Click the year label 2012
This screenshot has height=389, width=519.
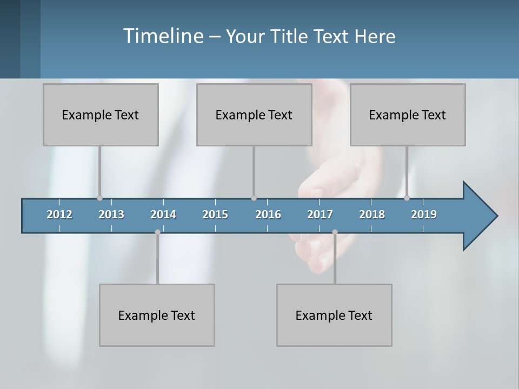click(59, 214)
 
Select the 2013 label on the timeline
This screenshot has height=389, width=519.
click(111, 214)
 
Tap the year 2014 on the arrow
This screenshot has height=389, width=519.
click(163, 214)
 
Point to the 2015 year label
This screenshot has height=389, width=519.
click(215, 214)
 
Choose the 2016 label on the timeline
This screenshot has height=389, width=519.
click(268, 214)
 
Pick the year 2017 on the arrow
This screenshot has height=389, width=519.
click(320, 214)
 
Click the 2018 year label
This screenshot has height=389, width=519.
click(372, 214)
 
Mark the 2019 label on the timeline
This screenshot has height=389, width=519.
click(424, 214)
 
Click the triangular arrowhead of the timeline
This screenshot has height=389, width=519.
click(478, 216)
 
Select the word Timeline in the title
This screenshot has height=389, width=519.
click(162, 36)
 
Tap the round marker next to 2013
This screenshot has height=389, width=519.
click(99, 198)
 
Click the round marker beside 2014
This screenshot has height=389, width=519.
click(157, 232)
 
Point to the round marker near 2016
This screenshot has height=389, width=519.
click(254, 198)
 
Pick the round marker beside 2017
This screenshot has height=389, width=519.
click(335, 232)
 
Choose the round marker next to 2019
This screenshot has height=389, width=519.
click(407, 198)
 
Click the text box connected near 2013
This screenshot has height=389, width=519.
click(101, 115)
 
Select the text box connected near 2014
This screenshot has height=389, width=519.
click(157, 315)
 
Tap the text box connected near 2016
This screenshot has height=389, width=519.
click(254, 115)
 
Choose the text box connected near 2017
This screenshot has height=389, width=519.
click(334, 315)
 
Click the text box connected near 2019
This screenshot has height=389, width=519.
click(408, 115)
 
